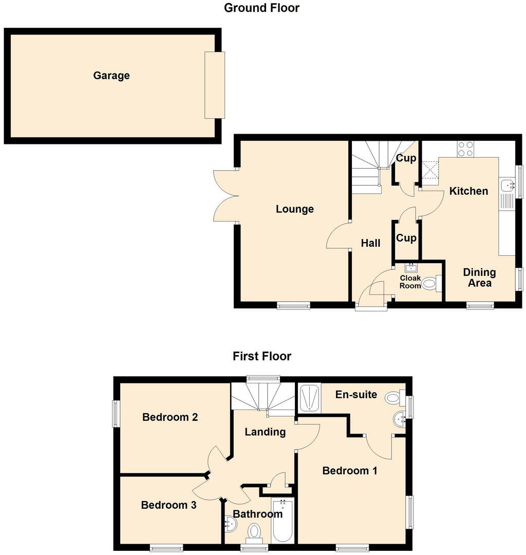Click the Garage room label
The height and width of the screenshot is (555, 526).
[x=111, y=76]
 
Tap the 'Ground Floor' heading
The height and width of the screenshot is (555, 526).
[x=261, y=8]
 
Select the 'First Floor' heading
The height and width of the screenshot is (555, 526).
[x=261, y=356]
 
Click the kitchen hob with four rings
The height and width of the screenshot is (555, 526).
[x=466, y=149]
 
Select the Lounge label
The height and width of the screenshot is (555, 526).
[x=294, y=209]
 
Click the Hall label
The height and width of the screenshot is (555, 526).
[x=370, y=243]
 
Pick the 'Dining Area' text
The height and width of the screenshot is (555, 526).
[x=479, y=277]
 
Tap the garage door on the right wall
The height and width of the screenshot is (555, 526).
[x=215, y=85]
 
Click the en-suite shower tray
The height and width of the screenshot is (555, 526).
[x=309, y=398]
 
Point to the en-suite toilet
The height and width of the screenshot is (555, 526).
[x=393, y=397]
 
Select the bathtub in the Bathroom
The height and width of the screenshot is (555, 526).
[x=282, y=520]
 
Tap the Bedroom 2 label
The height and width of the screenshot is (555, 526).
[x=170, y=417]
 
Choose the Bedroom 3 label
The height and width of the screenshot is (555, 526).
[x=168, y=505]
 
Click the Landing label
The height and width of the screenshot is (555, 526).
[x=265, y=432]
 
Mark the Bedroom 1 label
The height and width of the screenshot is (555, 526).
[x=349, y=470]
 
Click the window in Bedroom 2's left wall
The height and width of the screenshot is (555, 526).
[x=116, y=414]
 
